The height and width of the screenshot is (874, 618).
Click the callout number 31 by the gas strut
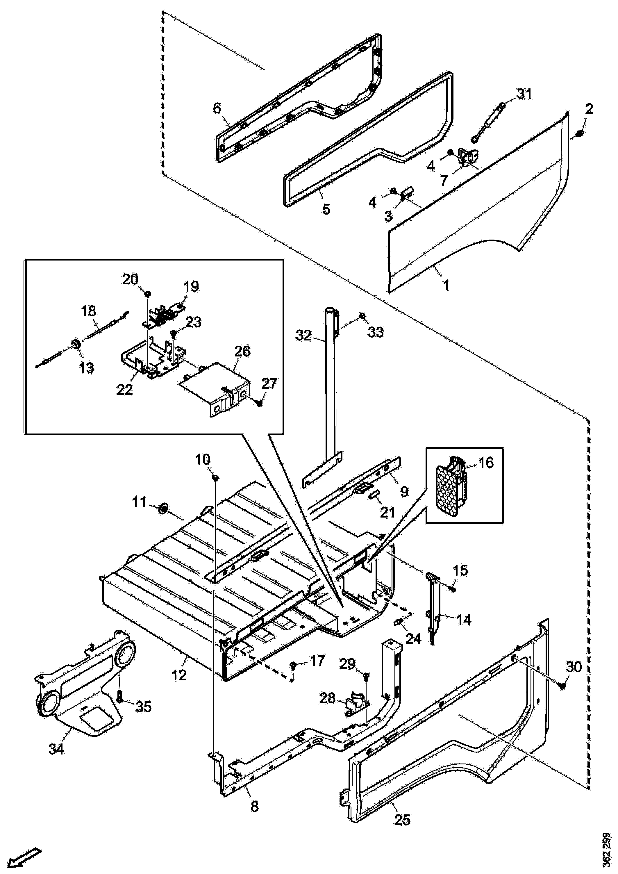point(524,94)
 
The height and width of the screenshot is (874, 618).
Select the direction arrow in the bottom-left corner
point(23,856)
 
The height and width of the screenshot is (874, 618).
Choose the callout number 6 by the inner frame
point(217,108)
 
